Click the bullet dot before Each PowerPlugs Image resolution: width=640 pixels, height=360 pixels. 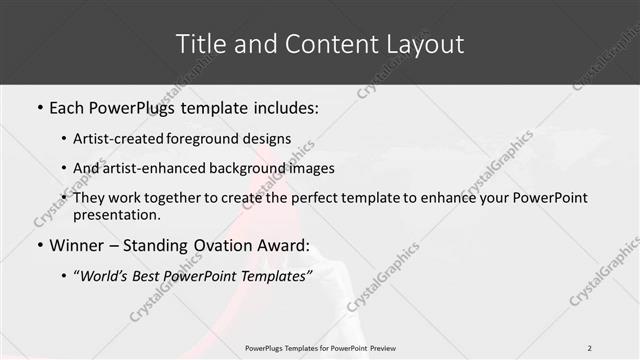(39, 108)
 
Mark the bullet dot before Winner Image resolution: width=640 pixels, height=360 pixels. (39, 245)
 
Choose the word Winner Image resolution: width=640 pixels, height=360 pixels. (77, 245)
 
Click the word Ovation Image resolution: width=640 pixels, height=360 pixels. (227, 245)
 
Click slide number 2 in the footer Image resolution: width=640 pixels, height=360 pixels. (590, 348)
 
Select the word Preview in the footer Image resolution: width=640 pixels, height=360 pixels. (377, 348)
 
